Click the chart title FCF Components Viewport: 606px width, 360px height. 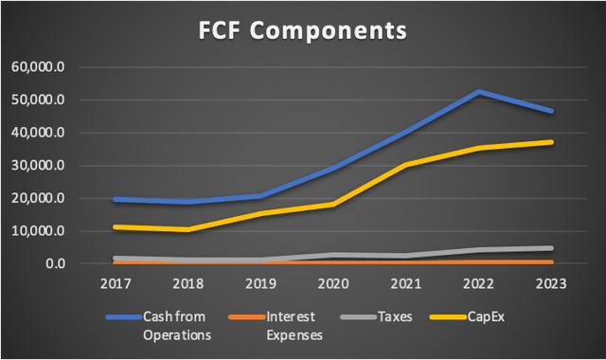(x=302, y=30)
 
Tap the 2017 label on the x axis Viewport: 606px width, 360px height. (x=115, y=282)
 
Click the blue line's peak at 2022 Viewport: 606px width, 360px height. (x=478, y=92)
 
